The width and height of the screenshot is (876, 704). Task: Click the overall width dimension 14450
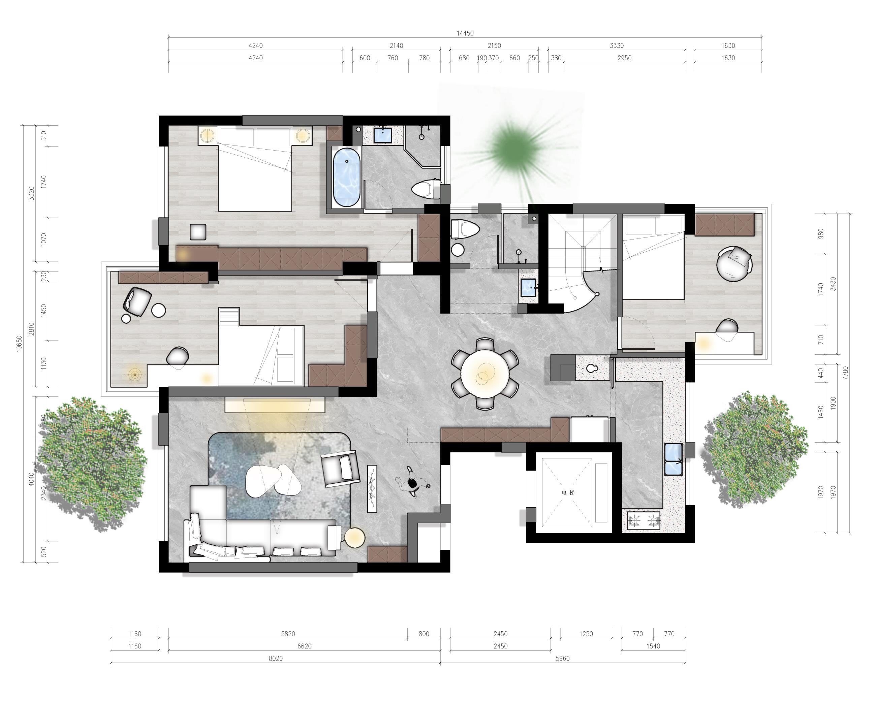[465, 33]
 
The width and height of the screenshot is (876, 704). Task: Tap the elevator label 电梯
[568, 493]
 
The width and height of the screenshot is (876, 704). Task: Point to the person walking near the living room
[413, 483]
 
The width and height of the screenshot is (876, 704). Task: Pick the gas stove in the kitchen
[644, 520]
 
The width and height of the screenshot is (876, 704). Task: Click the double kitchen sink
[673, 459]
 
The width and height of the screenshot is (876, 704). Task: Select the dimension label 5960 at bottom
[562, 659]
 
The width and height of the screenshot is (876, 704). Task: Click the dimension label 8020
[276, 659]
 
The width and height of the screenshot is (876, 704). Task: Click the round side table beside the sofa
[355, 538]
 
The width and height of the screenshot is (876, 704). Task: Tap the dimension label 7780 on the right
[846, 373]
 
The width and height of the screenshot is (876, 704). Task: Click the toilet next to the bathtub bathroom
[426, 189]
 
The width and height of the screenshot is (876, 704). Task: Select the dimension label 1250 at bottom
[586, 634]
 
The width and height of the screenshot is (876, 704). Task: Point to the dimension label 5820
[288, 634]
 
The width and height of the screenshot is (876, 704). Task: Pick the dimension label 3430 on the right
[833, 284]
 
